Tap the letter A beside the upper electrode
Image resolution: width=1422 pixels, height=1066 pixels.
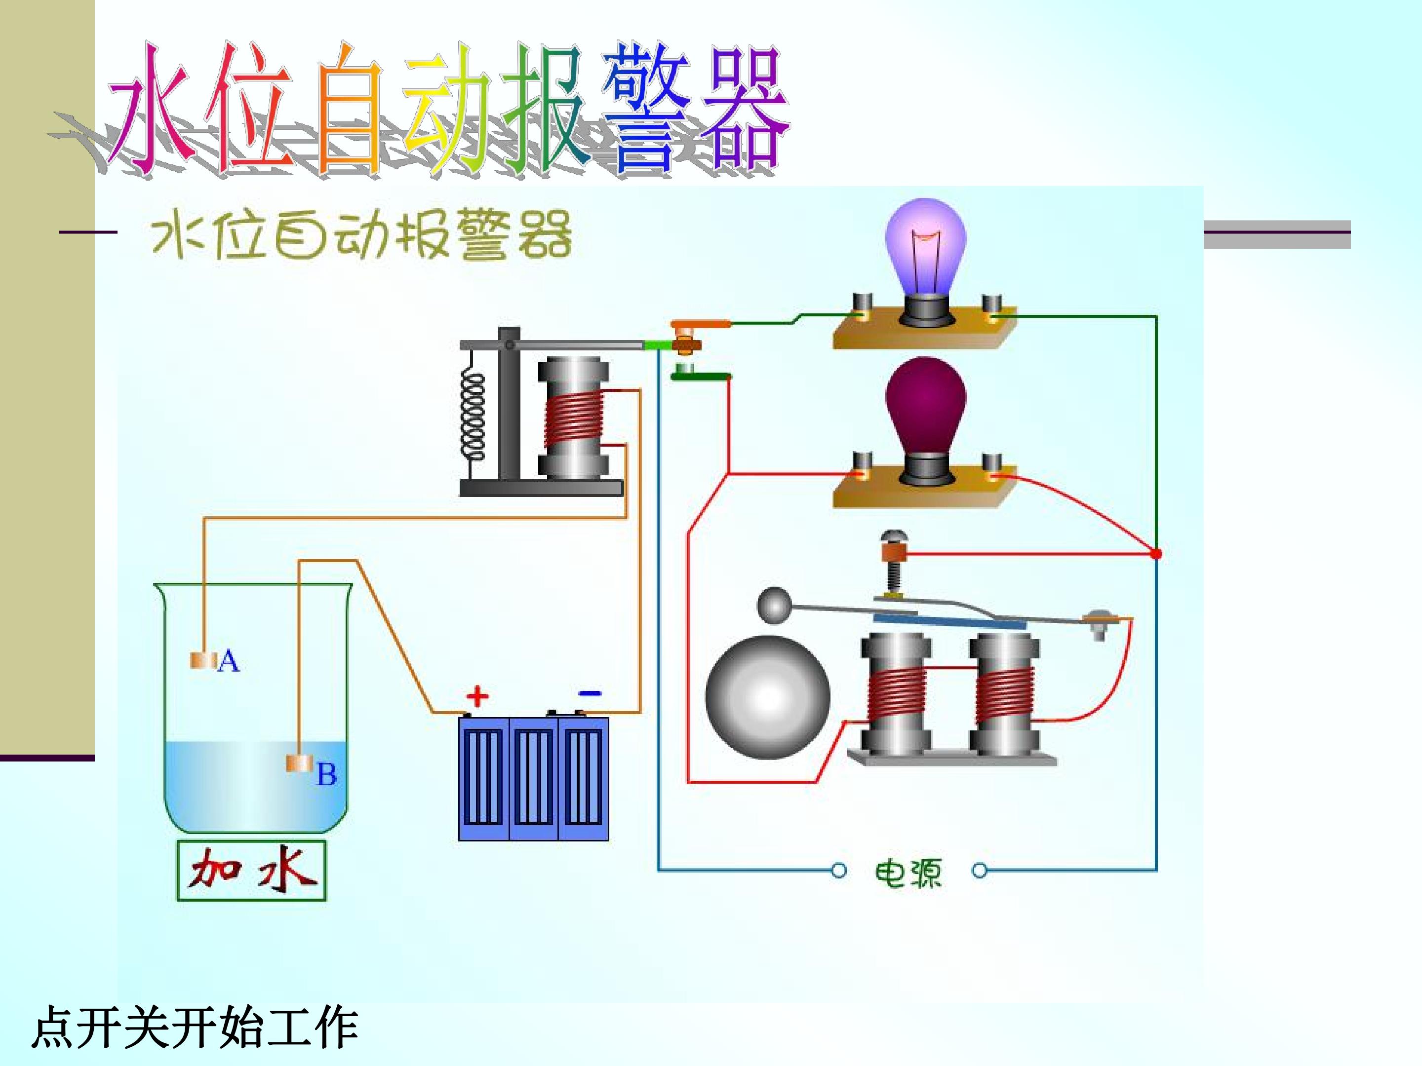coord(229,661)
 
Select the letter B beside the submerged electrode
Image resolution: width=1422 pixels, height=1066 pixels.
coord(326,774)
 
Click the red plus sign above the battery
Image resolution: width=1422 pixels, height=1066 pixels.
coord(477,696)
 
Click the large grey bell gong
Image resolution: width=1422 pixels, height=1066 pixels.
coord(768,697)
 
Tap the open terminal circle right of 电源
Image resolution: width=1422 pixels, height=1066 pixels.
coord(980,871)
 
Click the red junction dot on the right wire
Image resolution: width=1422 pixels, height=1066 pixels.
coord(1155,553)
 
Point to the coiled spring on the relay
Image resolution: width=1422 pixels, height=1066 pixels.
coord(473,416)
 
